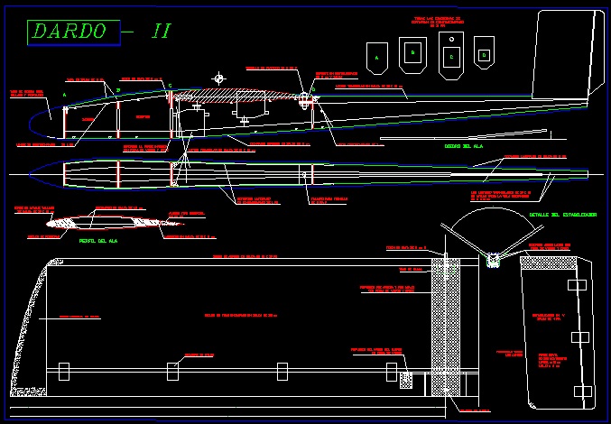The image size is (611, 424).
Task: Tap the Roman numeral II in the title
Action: click(x=161, y=31)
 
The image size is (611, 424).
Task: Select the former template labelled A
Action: click(x=375, y=57)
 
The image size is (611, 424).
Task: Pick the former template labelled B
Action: click(x=412, y=53)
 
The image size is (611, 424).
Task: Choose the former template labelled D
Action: click(x=484, y=53)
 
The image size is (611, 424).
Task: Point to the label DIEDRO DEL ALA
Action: click(x=466, y=146)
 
